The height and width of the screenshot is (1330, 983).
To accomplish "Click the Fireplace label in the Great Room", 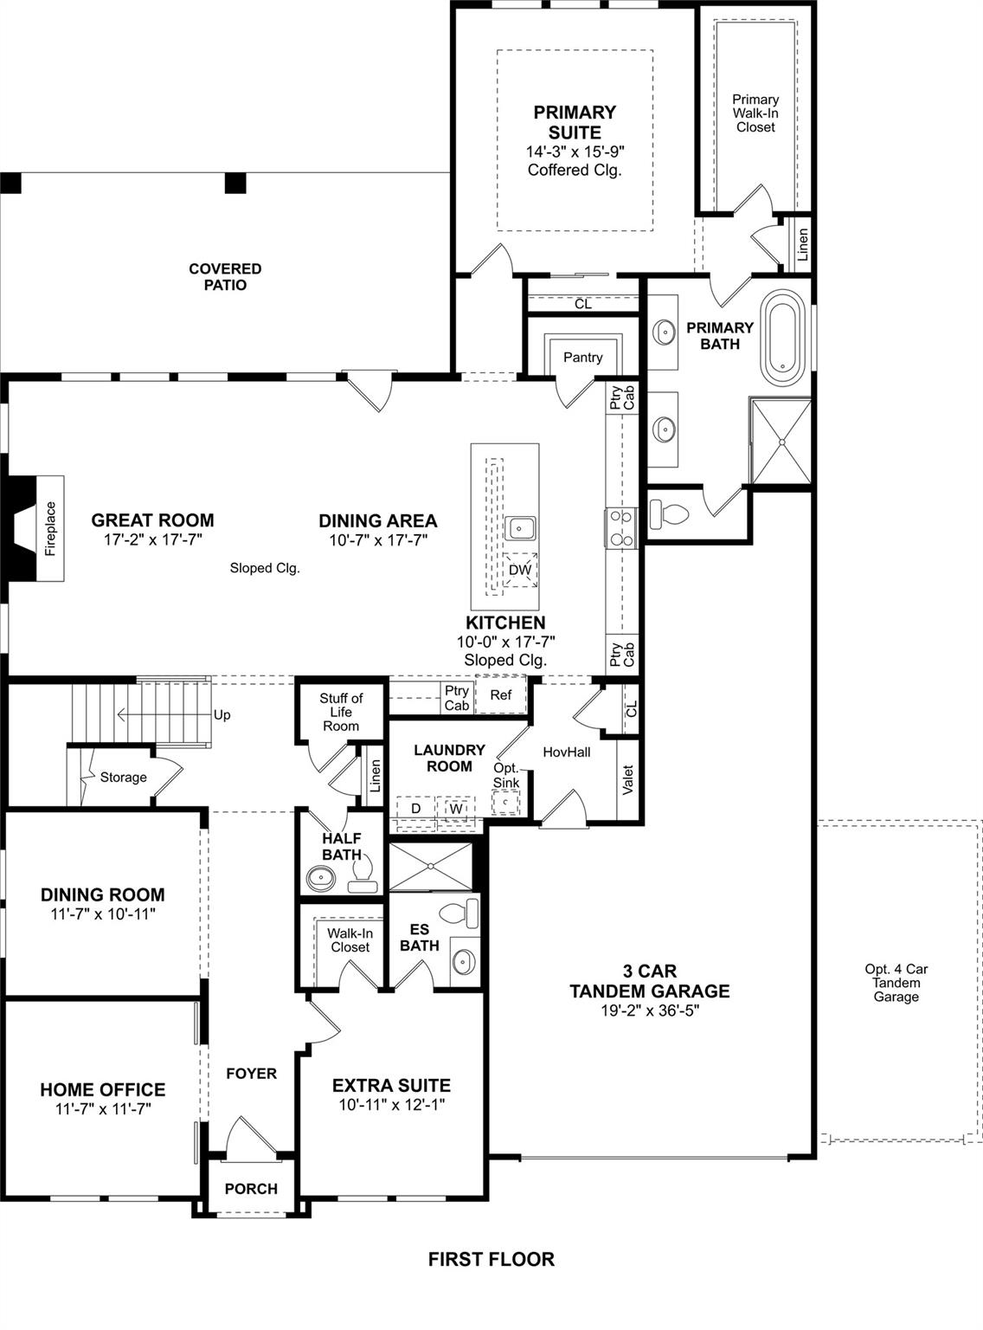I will (x=50, y=528).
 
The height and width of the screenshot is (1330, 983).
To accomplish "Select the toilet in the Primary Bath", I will (x=668, y=515).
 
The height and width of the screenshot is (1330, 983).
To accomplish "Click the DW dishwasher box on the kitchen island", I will (x=520, y=570).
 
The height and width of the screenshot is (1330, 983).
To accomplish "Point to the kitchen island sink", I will (x=520, y=527).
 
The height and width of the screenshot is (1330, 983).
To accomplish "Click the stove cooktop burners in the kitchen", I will (x=620, y=527).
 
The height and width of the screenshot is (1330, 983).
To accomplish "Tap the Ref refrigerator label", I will (x=501, y=694).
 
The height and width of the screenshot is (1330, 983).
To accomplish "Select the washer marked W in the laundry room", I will (x=456, y=809).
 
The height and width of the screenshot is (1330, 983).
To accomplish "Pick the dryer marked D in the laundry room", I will (x=416, y=809).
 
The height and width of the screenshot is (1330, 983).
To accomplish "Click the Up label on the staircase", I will (x=222, y=715).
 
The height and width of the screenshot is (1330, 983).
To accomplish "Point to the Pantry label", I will (x=582, y=357).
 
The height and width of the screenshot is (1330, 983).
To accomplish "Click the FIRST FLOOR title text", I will (x=491, y=1259).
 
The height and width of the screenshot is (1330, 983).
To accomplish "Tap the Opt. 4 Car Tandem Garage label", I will (x=896, y=983).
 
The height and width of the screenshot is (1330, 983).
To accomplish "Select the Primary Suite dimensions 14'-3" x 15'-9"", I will (x=575, y=152).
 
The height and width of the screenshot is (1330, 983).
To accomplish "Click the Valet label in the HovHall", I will (x=628, y=778).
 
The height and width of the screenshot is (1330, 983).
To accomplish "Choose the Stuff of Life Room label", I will (x=341, y=712).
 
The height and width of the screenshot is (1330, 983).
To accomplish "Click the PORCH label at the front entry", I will (x=251, y=1189).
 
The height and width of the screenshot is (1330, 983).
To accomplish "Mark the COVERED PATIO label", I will (x=225, y=277).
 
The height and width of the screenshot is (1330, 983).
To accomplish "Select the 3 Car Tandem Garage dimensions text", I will (x=649, y=1010).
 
